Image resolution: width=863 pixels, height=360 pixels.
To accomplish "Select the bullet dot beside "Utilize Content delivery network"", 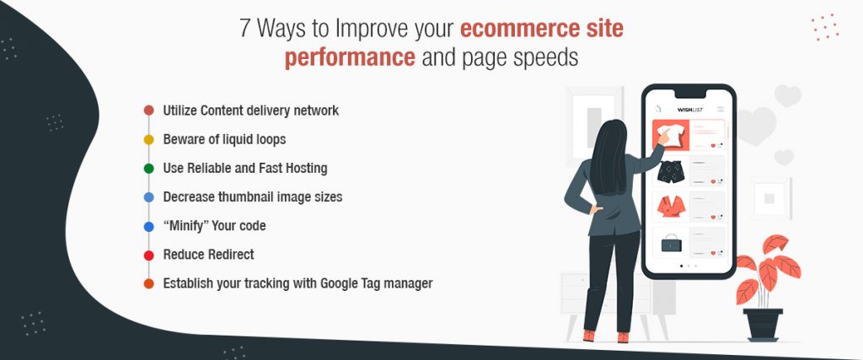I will click(148, 110).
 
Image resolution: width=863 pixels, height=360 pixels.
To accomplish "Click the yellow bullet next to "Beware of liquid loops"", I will click(148, 139).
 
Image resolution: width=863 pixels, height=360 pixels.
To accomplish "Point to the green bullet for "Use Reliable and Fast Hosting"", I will click(148, 168).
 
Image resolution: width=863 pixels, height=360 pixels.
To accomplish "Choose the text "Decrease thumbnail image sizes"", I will click(252, 196).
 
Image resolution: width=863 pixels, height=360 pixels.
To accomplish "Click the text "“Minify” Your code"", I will click(214, 226).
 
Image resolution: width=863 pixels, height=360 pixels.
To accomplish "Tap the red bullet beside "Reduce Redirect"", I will click(148, 255).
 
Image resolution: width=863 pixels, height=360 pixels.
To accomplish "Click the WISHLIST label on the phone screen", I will click(689, 109).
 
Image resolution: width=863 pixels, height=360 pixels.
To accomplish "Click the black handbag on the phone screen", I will click(670, 243).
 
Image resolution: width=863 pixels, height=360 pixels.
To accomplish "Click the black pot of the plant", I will click(763, 324).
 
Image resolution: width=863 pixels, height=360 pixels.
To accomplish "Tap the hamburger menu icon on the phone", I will click(721, 109).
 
